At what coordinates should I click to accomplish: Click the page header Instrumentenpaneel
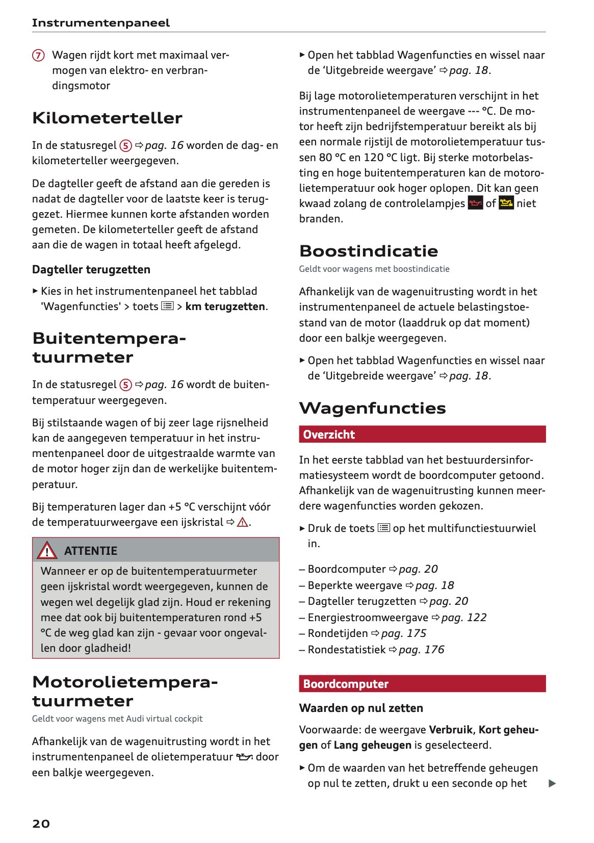coord(100,23)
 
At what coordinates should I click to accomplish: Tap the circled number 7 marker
coord(38,55)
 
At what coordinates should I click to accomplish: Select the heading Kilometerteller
coord(107,118)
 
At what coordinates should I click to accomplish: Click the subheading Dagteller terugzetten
coord(91,269)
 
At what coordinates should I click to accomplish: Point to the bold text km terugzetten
coord(225,306)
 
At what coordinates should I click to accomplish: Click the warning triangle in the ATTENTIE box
coord(47,550)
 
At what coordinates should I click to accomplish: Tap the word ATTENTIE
coord(91,551)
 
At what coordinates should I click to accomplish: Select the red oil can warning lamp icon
coord(475,203)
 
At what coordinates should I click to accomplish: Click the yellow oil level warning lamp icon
coord(506,203)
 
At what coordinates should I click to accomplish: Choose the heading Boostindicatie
coord(369,251)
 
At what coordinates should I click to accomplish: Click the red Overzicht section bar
coord(422,435)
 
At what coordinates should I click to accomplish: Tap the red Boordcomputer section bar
coord(422,684)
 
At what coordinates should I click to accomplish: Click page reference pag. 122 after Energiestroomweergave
coord(463,618)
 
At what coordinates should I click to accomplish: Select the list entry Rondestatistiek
coord(346,650)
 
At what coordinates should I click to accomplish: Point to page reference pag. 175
coord(403,633)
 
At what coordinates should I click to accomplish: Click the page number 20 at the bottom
coord(41,824)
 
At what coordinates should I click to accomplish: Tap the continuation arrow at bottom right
coord(552,783)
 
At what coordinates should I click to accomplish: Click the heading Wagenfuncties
coord(372,408)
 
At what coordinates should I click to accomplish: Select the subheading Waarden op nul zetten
coord(361,708)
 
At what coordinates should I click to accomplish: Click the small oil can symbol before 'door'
coord(244,757)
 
